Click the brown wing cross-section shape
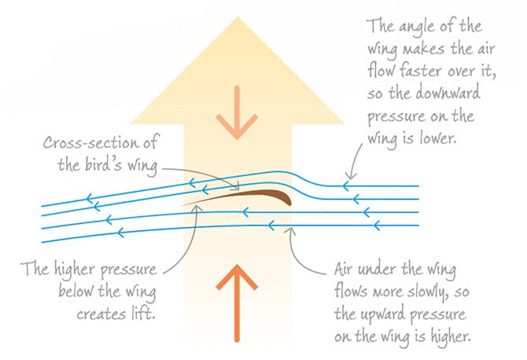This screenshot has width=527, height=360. click(x=252, y=193)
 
